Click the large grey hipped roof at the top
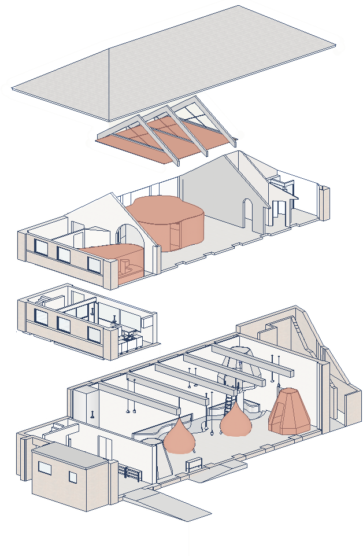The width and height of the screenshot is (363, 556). [173, 64]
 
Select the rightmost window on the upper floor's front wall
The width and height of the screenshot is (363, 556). [94, 264]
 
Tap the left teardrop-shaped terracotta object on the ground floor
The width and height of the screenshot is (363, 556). [180, 438]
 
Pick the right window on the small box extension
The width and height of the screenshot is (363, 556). [73, 477]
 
